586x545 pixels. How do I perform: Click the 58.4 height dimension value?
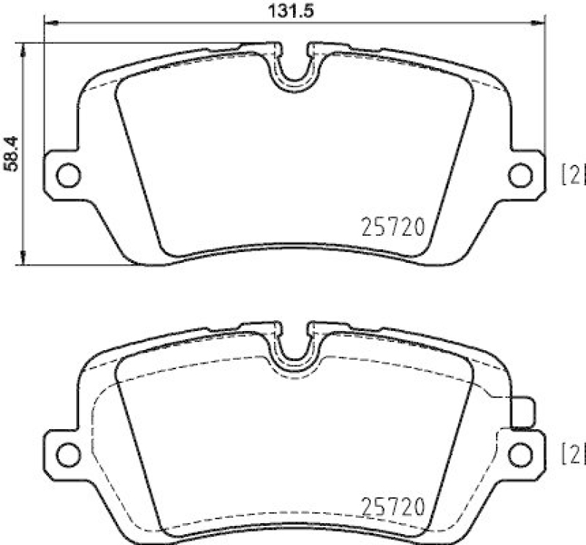coord(10,154)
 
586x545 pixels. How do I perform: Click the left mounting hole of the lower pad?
coord(67,452)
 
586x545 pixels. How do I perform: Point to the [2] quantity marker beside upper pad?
coord(574,175)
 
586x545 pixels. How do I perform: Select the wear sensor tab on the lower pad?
coord(523,412)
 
